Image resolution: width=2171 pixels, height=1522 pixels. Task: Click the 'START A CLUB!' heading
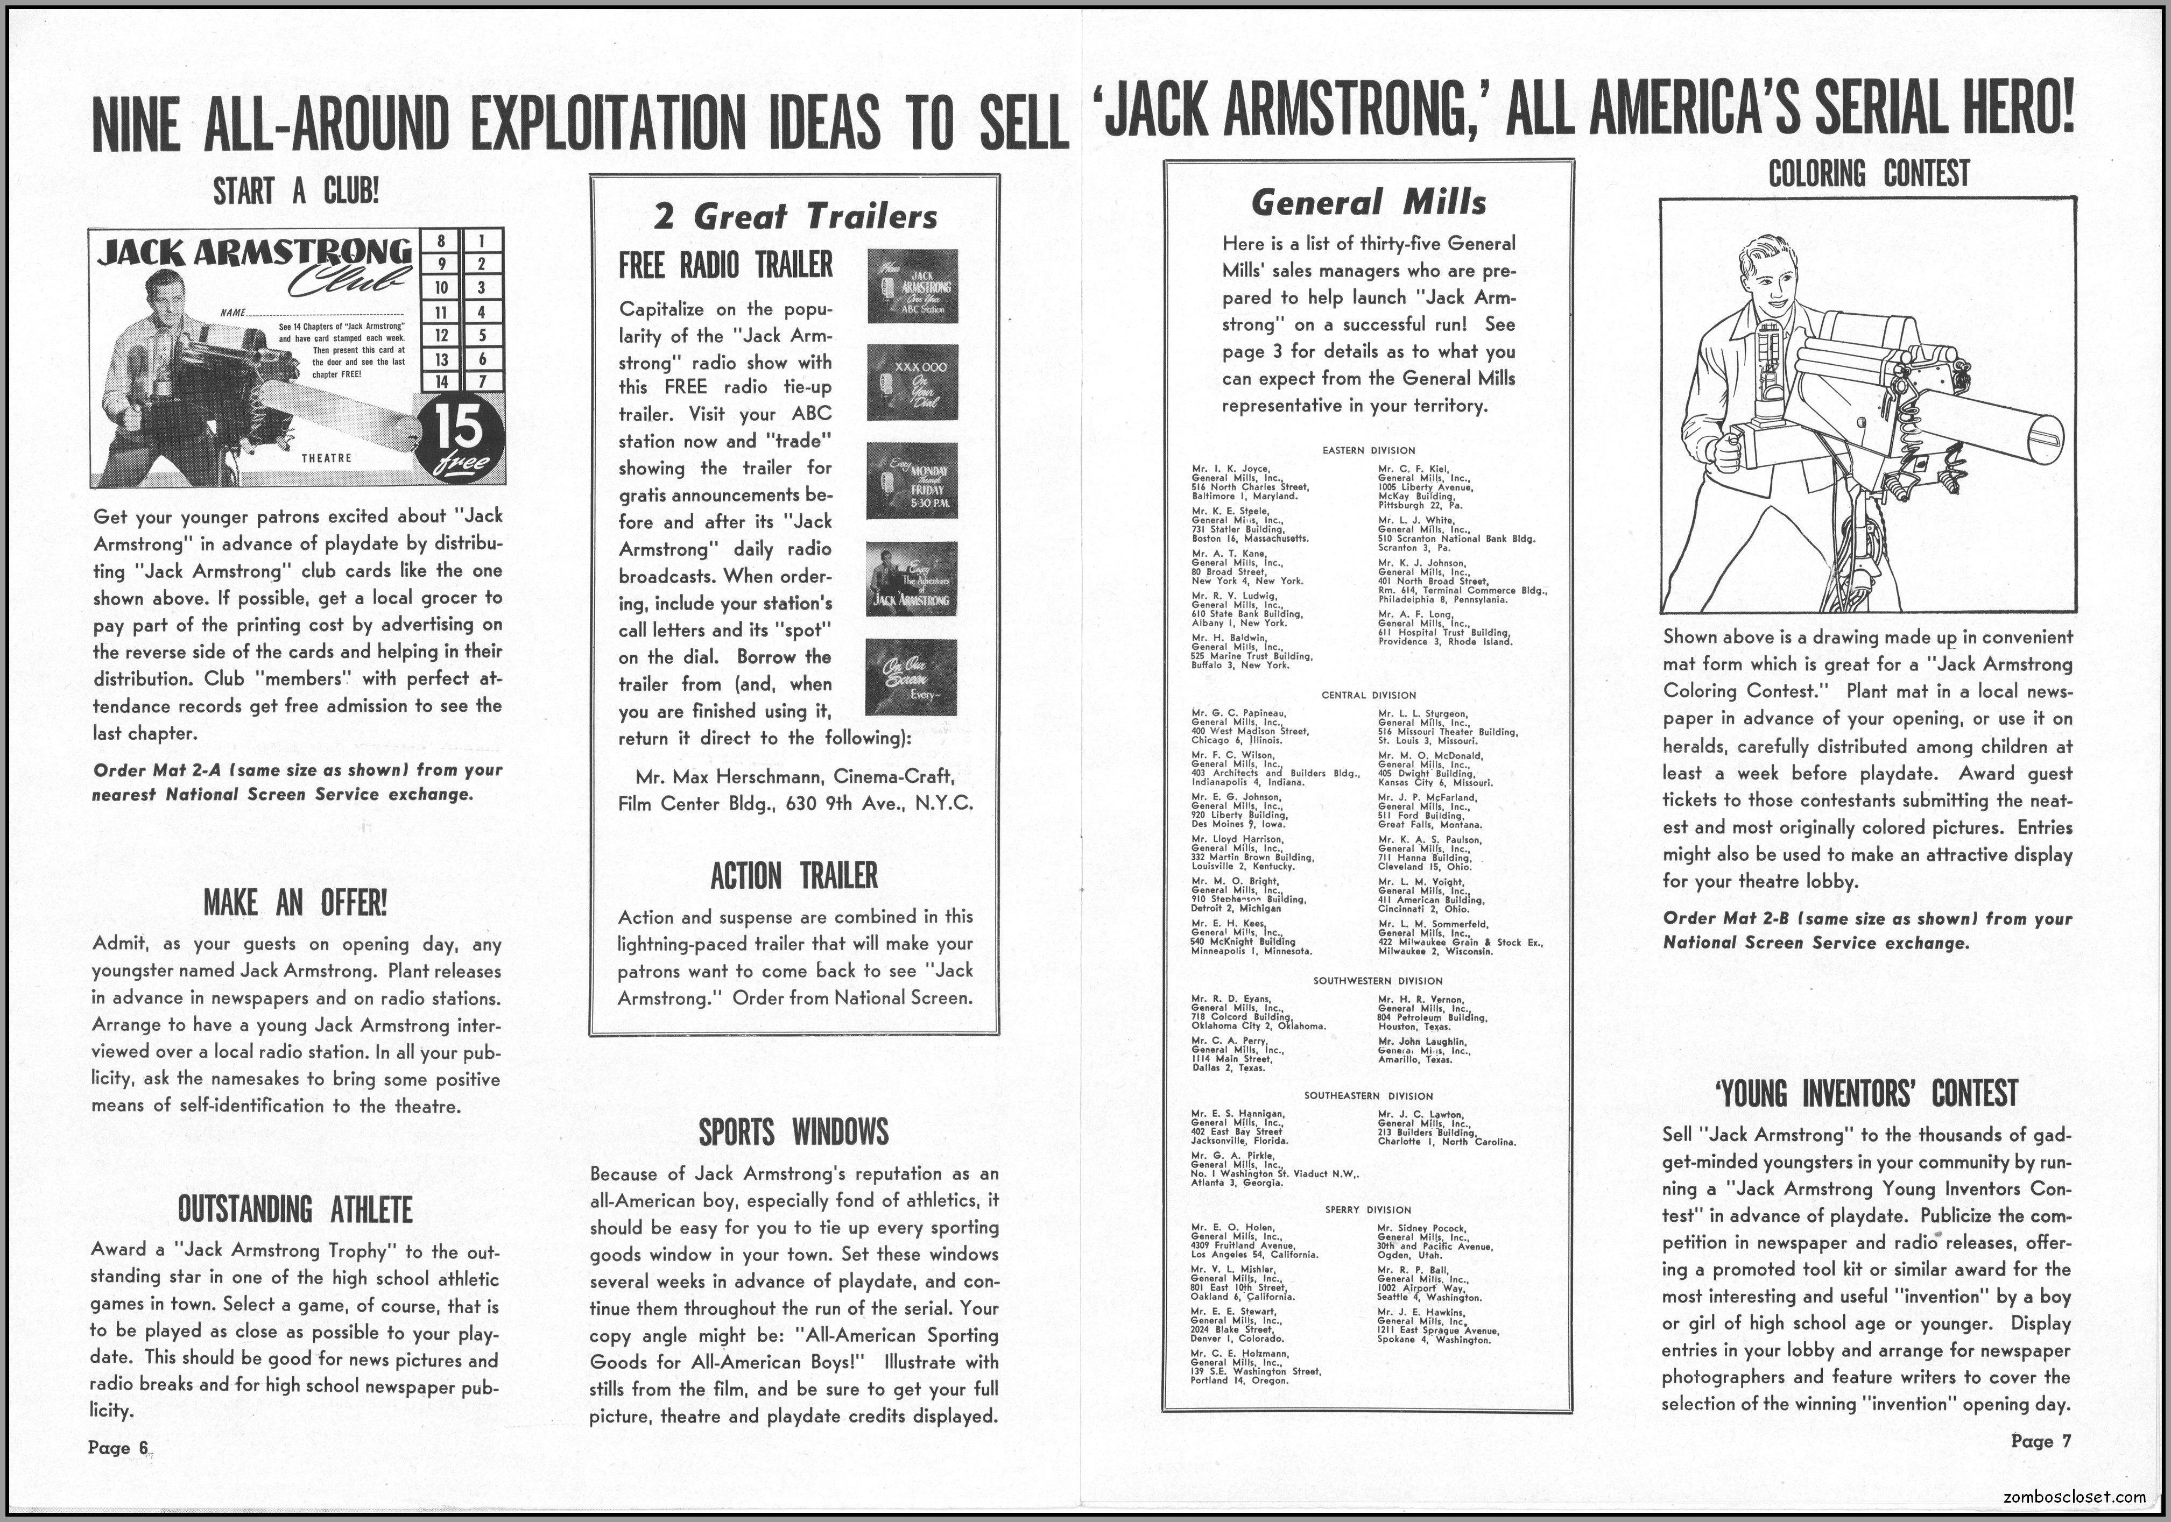click(x=296, y=192)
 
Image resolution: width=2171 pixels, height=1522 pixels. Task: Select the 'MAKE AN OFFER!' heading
click(x=295, y=903)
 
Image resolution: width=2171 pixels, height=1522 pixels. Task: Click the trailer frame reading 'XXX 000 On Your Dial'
click(x=912, y=382)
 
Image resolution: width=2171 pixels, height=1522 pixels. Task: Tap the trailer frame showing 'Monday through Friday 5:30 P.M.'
click(x=912, y=480)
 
